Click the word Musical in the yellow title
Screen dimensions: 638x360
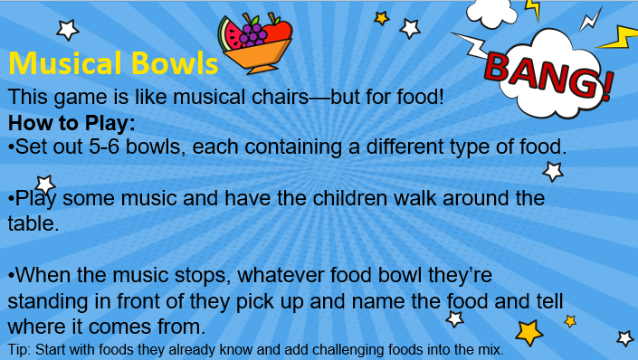point(66,63)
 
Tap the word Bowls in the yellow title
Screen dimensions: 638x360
point(175,63)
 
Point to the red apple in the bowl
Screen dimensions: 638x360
point(278,31)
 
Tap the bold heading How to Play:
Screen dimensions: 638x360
point(71,123)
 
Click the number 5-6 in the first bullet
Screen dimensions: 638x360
point(104,147)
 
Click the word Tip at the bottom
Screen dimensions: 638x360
point(19,350)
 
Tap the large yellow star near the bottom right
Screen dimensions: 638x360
point(529,333)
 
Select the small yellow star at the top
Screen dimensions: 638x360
point(382,18)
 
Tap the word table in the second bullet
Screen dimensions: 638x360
point(33,223)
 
